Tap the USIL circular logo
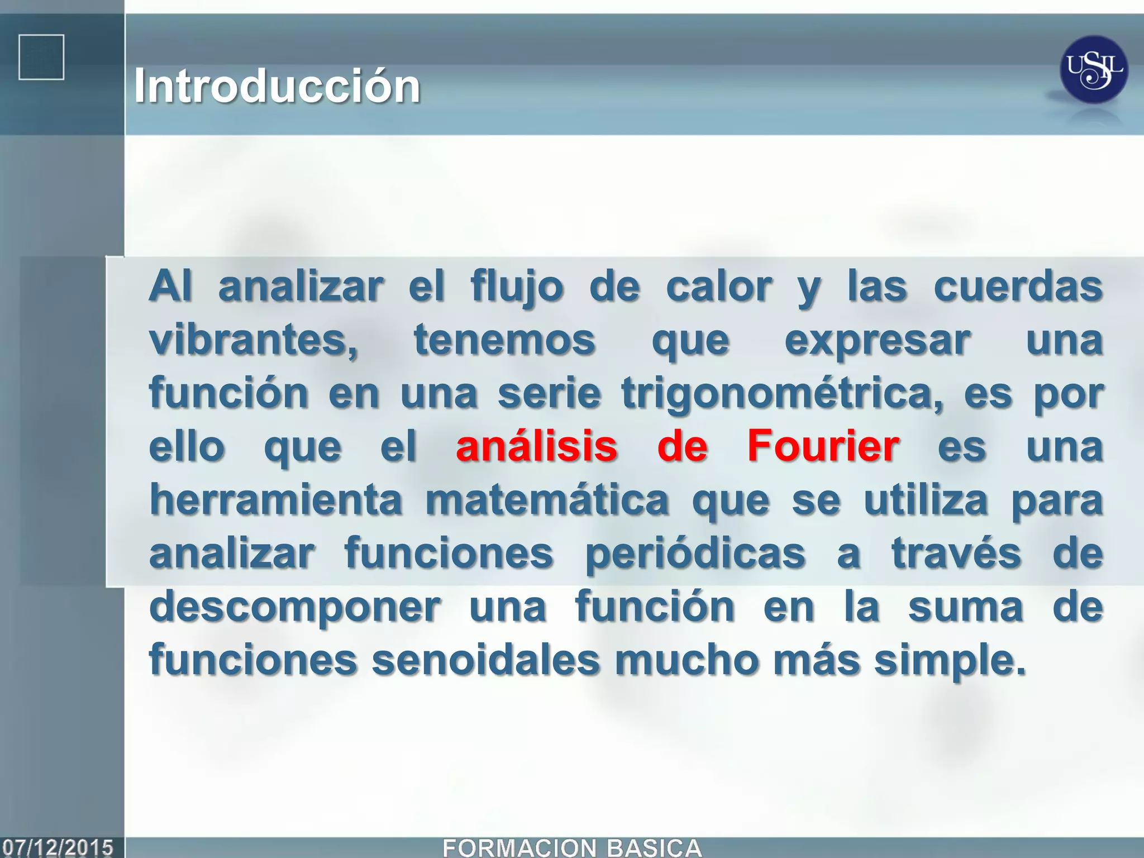1093,70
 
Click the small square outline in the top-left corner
41,57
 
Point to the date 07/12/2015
58,847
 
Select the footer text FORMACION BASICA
571,847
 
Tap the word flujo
517,286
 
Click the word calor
719,286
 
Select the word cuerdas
1018,286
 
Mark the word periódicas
695,553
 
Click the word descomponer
295,607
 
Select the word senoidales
485,660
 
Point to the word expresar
878,340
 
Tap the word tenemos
504,340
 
